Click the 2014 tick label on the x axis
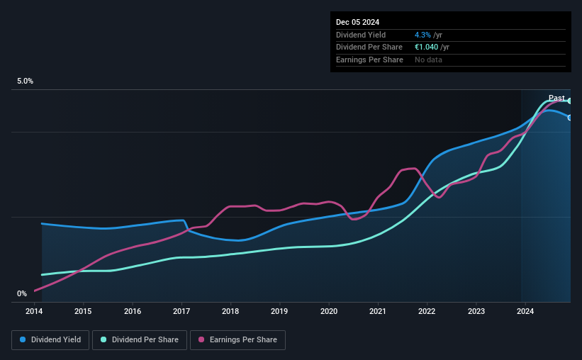35,311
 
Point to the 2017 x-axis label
181,311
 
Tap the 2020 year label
329,311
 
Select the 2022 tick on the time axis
427,311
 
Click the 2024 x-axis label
525,311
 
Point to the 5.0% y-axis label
26,81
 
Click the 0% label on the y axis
22,294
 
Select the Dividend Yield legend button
50,340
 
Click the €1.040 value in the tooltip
427,47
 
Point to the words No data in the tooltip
430,60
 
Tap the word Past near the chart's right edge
556,98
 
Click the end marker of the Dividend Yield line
570,117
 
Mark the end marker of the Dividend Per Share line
570,101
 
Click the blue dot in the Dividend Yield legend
23,340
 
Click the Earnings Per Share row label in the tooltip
369,60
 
